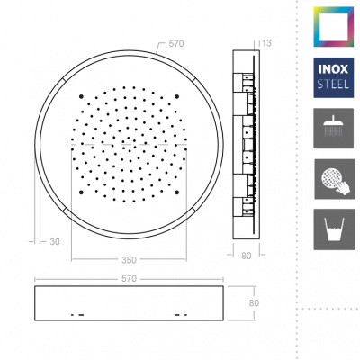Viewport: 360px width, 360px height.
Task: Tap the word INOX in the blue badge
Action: [x=333, y=69]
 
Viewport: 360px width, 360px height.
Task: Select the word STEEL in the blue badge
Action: [x=333, y=84]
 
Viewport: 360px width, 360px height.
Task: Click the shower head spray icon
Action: [x=334, y=129]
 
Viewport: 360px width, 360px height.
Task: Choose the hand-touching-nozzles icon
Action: [x=334, y=179]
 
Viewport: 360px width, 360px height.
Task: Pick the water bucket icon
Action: [x=334, y=229]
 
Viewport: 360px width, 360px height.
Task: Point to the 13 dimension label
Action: [x=266, y=43]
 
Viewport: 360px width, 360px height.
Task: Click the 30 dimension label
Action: [x=55, y=241]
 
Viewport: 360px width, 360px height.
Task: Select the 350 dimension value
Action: [x=129, y=260]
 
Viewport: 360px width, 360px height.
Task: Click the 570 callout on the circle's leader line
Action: [x=176, y=44]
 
